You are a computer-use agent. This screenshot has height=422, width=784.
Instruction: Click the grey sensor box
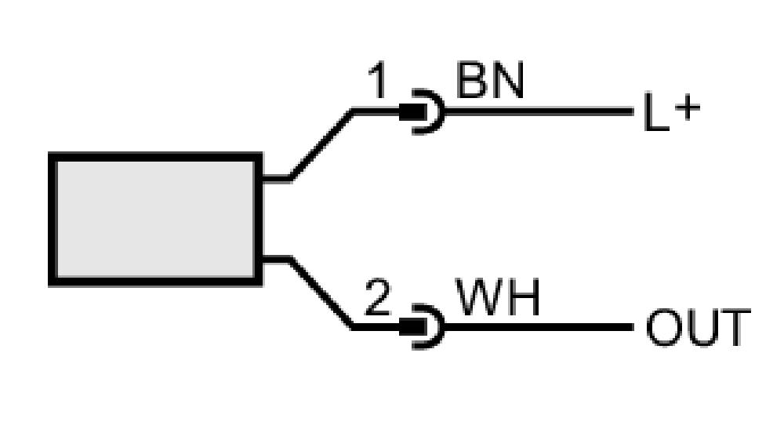[155, 219]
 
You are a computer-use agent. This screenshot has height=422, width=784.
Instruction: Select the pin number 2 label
[377, 297]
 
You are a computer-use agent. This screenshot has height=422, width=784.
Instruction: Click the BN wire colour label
[490, 80]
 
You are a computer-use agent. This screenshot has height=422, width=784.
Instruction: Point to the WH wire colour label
[498, 297]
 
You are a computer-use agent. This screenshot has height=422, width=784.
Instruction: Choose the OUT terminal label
[698, 328]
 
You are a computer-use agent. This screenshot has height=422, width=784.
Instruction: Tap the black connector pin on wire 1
[412, 112]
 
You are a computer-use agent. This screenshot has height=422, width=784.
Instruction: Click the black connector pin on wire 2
[412, 328]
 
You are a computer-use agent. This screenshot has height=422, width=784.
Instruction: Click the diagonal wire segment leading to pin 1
[321, 144]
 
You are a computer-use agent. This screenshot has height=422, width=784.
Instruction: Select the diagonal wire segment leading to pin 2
[321, 293]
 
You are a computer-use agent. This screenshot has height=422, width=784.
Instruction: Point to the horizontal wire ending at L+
[539, 111]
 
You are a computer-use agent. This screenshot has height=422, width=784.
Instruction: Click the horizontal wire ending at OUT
[539, 327]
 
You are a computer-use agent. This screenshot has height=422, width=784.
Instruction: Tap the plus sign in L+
[688, 108]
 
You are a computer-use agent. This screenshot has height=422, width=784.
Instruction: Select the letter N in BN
[509, 80]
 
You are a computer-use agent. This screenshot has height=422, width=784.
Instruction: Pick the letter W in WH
[479, 297]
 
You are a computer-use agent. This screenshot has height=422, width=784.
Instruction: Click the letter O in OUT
[663, 328]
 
